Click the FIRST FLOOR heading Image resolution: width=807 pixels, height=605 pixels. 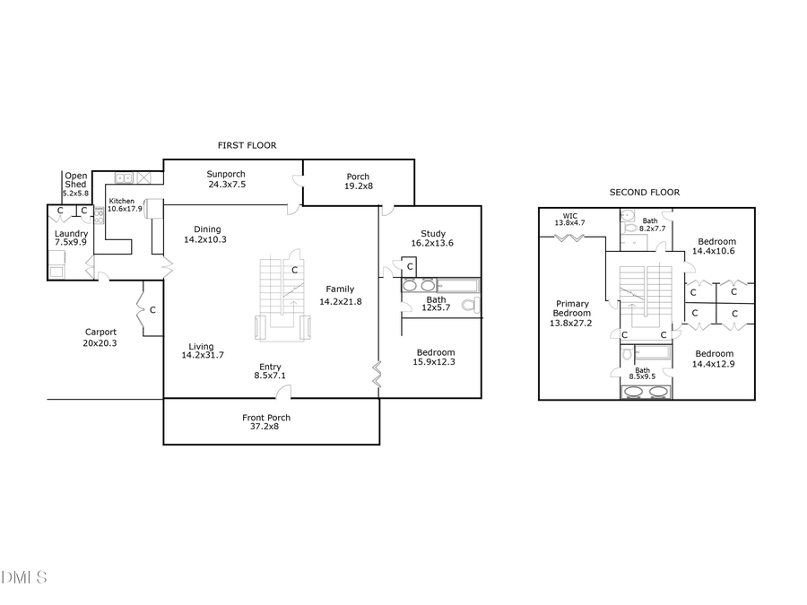(x=247, y=145)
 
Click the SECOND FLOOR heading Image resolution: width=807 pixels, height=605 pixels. (x=644, y=192)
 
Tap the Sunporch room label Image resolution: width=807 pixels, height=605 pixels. (x=226, y=174)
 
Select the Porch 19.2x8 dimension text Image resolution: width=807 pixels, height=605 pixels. (x=358, y=186)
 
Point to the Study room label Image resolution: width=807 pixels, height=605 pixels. (x=433, y=234)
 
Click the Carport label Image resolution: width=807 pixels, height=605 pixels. (x=100, y=332)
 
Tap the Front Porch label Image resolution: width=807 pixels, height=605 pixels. (x=266, y=418)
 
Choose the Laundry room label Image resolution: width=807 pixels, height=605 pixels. (x=71, y=234)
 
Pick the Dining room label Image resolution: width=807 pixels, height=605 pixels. (x=207, y=229)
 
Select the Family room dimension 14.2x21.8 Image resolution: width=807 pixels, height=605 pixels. (x=340, y=301)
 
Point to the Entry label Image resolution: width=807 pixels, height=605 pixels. (x=270, y=367)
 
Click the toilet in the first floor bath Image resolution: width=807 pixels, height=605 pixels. (x=469, y=306)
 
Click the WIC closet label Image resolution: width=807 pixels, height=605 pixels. (x=569, y=215)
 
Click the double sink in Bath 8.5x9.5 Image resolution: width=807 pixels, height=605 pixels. (x=646, y=392)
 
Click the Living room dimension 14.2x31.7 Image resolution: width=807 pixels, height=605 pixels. (x=203, y=355)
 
